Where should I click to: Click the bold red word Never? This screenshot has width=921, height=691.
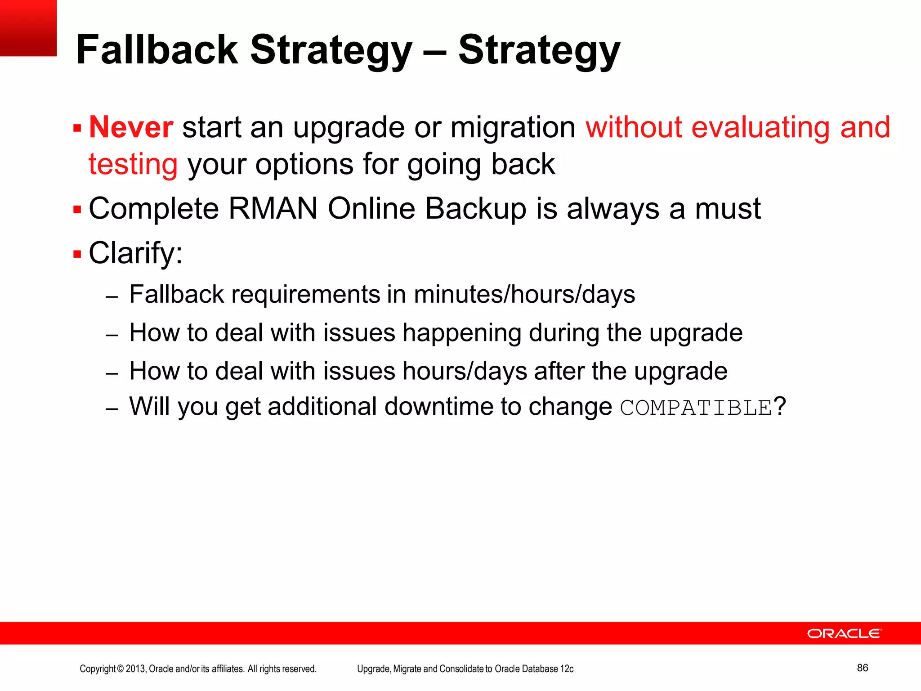point(131,127)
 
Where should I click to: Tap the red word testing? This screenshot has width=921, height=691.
point(133,164)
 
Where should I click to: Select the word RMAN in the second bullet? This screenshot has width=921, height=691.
point(273,209)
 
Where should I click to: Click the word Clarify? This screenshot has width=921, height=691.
point(135,253)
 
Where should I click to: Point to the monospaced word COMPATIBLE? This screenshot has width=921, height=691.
point(696,408)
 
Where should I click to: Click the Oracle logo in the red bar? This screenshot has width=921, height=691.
point(844,633)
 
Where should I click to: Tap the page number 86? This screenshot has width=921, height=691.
point(862,668)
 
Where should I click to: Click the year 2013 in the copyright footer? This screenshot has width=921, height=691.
point(135,669)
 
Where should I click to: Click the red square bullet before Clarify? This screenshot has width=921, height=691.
point(77,254)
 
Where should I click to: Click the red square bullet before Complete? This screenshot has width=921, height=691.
point(77,210)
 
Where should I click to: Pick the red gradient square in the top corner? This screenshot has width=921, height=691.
point(28,28)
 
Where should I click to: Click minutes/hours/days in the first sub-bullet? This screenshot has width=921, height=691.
point(524,295)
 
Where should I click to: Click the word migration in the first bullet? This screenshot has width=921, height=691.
point(513,127)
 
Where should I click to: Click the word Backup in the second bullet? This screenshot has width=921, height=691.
point(475,209)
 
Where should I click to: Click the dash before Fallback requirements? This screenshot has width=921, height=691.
point(112,297)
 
